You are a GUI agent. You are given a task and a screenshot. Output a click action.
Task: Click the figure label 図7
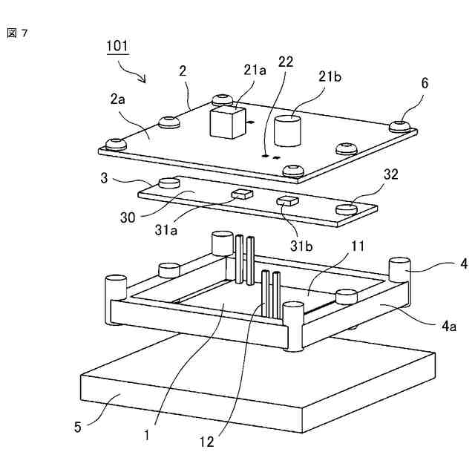tap(17, 33)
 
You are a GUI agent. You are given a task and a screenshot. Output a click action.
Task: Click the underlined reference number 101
tap(117, 46)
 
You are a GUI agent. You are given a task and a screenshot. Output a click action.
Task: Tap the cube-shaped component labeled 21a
tap(227, 122)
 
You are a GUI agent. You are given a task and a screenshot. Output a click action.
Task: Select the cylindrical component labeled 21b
tap(289, 130)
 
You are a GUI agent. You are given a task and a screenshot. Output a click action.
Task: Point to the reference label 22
tap(285, 62)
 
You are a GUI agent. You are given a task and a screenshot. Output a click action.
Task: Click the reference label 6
tap(425, 84)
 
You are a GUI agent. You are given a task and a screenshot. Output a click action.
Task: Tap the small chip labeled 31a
tap(242, 194)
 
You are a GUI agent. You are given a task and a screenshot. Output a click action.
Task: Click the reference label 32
tap(391, 174)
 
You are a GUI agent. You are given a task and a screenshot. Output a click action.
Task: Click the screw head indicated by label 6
tap(402, 124)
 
